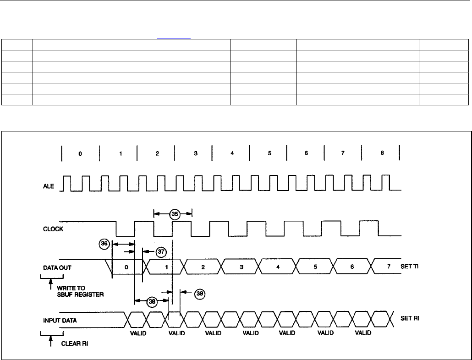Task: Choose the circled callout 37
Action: pos(160,251)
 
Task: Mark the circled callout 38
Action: pos(152,301)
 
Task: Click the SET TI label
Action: pos(410,267)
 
